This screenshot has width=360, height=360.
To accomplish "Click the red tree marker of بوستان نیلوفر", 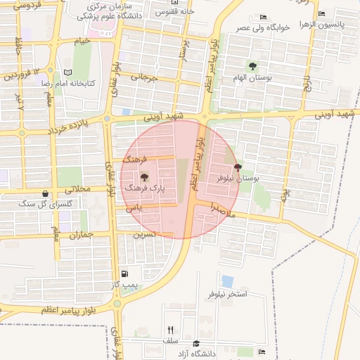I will click(x=237, y=168).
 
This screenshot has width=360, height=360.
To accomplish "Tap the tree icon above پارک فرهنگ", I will click(x=144, y=177).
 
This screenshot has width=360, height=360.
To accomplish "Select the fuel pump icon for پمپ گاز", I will click(x=124, y=274).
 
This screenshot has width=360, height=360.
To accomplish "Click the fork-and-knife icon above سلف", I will click(x=170, y=329).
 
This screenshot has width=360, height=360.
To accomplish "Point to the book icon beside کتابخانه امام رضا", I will click(x=67, y=72).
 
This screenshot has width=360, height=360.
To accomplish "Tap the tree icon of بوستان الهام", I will click(x=252, y=66).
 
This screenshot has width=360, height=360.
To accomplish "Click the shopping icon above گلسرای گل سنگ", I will click(x=46, y=193).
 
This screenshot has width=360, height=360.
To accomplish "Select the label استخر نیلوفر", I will click(x=227, y=293).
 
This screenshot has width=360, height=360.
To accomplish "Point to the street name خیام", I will click(x=83, y=41).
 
